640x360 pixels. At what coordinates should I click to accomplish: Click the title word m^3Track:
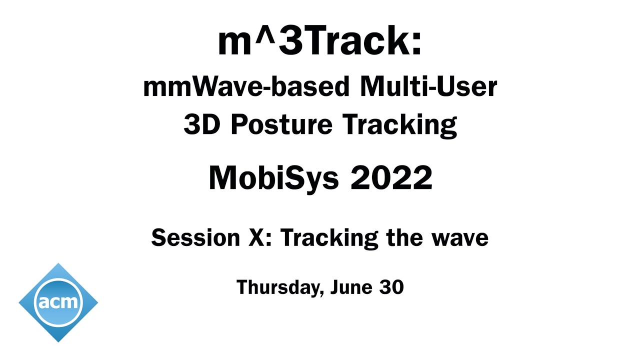point(320,42)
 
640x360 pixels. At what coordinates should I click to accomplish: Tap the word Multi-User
point(428,87)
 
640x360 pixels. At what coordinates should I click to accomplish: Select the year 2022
point(391,178)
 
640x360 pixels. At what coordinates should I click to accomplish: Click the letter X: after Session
point(260,237)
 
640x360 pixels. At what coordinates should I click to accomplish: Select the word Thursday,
point(276,287)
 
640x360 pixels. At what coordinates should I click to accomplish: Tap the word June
point(348,287)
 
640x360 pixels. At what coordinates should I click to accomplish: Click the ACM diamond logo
point(58,302)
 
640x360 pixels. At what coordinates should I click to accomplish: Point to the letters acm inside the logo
point(58,302)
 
